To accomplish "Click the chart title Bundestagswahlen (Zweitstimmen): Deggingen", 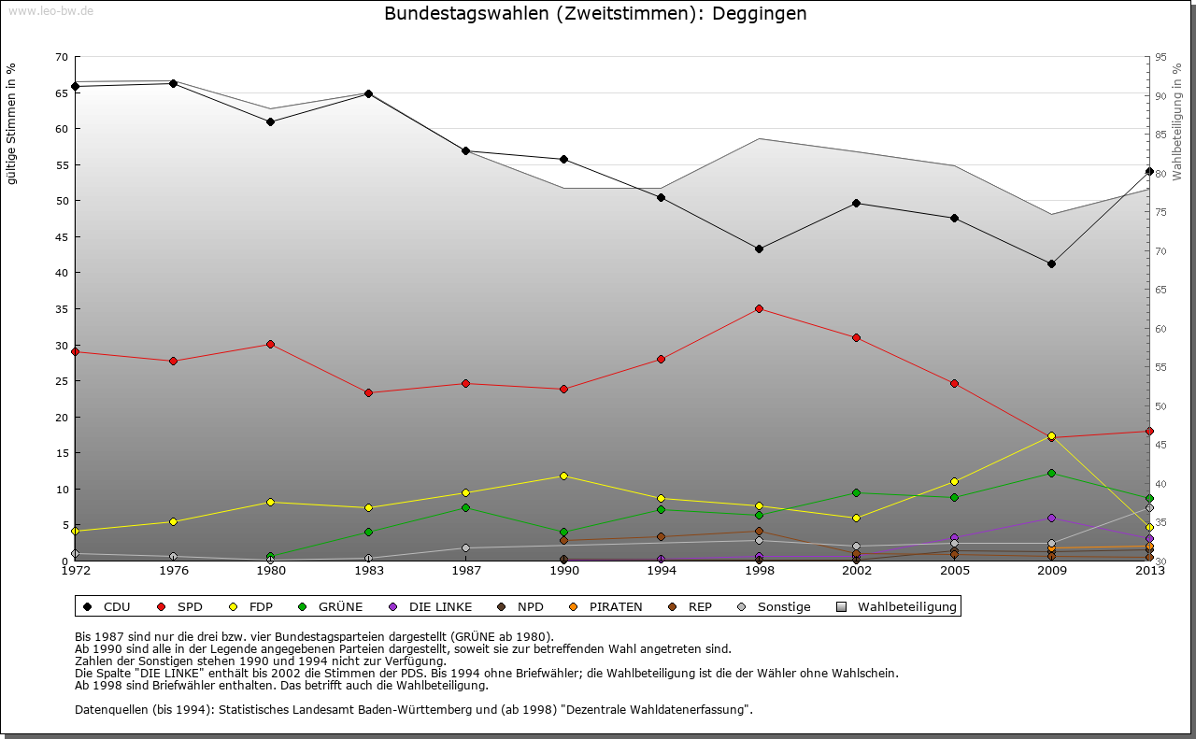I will pyautogui.click(x=595, y=14).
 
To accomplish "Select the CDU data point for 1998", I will pyautogui.click(x=759, y=249).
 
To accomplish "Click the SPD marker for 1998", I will pyautogui.click(x=759, y=308).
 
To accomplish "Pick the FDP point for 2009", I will pyautogui.click(x=1051, y=436).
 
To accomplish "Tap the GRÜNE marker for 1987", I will pyautogui.click(x=465, y=507).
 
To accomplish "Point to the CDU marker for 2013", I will pyautogui.click(x=1149, y=171).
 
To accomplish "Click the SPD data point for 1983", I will pyautogui.click(x=368, y=392).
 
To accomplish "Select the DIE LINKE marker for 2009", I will pyautogui.click(x=1051, y=518).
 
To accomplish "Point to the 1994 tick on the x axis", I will pyautogui.click(x=662, y=571).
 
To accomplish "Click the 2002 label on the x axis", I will pyautogui.click(x=856, y=571).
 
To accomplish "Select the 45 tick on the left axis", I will pyautogui.click(x=62, y=236).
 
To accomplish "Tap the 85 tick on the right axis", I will pyautogui.click(x=1161, y=135).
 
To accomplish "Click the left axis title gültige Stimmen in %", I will pyautogui.click(x=12, y=124).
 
